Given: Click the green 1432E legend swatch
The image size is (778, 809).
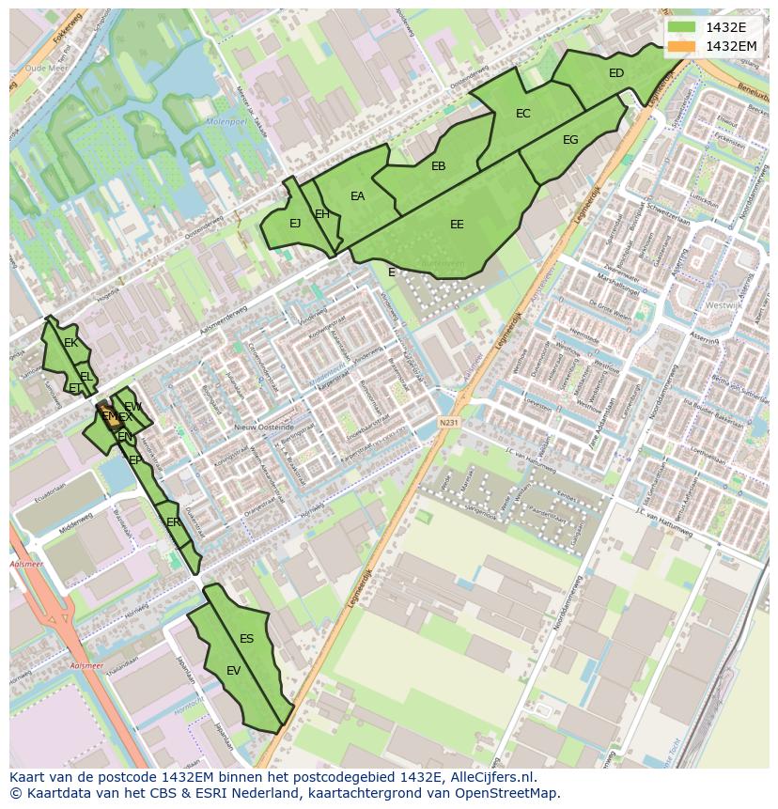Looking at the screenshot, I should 682,27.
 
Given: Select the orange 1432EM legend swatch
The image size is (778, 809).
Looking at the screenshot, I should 682,46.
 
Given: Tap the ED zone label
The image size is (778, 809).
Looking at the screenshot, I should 616,73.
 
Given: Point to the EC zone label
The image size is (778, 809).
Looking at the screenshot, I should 523,114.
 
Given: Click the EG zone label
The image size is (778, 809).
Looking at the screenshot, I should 570,140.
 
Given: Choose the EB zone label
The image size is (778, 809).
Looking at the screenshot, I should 438,166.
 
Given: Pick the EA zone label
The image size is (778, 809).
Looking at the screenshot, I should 357,196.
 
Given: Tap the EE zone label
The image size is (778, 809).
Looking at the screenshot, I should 457,225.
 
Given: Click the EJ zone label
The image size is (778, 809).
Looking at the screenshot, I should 295,224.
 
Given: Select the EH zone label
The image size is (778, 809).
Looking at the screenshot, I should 322,214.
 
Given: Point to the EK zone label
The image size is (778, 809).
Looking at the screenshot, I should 70,343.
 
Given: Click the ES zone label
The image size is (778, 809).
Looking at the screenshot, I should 246,639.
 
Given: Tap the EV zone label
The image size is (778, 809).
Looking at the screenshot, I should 234,671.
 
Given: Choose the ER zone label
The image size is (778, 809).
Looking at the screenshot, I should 173,522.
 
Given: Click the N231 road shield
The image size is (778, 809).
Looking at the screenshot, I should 449,423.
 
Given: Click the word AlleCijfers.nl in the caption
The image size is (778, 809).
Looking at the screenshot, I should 489,777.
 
